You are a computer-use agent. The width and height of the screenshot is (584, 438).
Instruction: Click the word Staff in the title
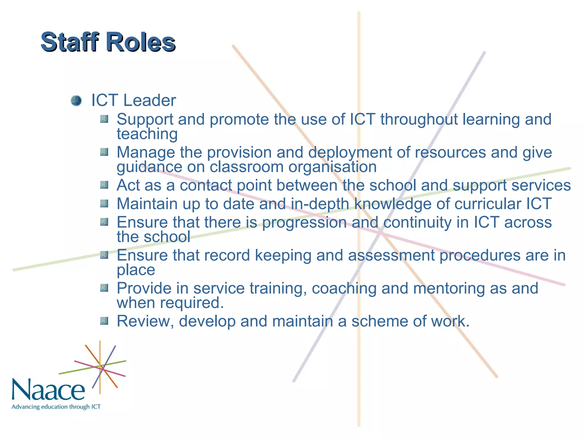(70, 42)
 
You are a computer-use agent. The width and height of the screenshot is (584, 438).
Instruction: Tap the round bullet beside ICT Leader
(76, 101)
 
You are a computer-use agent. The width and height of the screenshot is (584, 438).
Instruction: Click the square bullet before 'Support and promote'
(104, 119)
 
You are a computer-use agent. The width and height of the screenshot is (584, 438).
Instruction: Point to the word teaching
(147, 134)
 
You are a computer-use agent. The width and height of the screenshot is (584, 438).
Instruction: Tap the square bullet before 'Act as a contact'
(104, 185)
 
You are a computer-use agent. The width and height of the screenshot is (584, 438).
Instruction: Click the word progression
(304, 223)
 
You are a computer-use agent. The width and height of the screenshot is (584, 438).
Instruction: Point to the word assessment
(391, 255)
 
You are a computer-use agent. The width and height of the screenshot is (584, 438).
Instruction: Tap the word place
(136, 270)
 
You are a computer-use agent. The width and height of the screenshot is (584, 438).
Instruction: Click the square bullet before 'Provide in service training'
(104, 288)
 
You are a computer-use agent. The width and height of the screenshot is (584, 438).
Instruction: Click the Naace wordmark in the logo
(48, 390)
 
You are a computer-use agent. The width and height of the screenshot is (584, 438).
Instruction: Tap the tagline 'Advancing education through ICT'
(56, 407)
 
